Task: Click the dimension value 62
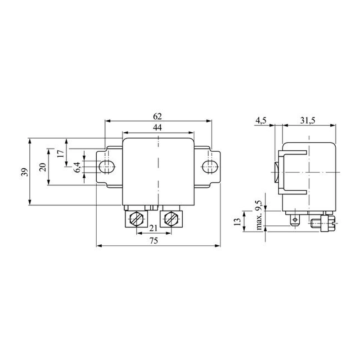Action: click(157, 117)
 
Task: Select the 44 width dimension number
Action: click(157, 127)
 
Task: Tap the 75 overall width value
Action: click(154, 241)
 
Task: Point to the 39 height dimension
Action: click(25, 172)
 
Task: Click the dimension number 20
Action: click(43, 167)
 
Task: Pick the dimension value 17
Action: click(60, 153)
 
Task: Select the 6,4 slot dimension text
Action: click(77, 167)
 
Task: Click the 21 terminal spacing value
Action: click(153, 228)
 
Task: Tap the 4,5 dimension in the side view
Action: click(261, 120)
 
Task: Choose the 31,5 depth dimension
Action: click(308, 120)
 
